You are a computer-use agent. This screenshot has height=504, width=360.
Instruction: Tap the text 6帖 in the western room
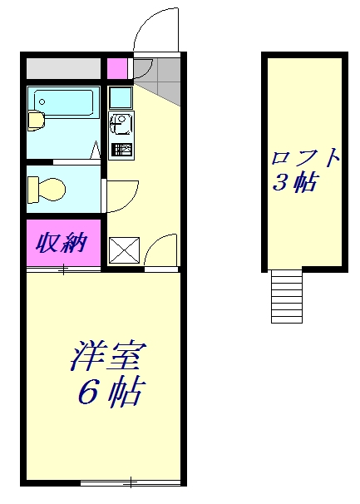(x=109, y=392)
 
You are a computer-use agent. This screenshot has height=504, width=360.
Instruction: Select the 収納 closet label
(x=62, y=244)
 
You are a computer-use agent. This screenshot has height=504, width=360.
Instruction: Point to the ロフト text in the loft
(x=305, y=157)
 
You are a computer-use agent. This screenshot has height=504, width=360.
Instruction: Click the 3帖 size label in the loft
(x=294, y=183)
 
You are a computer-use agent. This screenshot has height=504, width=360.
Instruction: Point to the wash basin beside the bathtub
(x=37, y=121)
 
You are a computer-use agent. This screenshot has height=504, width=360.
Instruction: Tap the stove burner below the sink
(x=121, y=151)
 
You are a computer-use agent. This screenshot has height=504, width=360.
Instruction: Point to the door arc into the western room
(x=163, y=250)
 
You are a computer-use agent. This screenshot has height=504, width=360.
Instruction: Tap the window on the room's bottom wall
(x=131, y=482)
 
